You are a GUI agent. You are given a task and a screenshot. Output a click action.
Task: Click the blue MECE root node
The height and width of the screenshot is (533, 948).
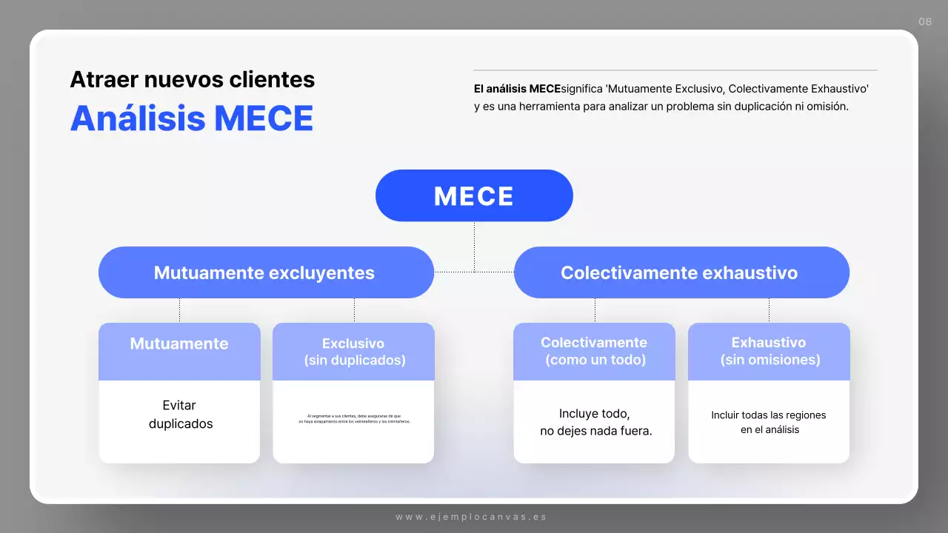(474, 195)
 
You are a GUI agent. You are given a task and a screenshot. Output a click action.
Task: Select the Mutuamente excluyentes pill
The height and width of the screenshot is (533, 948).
(265, 272)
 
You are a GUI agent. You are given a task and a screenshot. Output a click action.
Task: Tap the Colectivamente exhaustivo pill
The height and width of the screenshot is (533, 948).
(680, 272)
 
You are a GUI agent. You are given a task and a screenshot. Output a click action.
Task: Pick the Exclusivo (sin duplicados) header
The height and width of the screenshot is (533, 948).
(353, 352)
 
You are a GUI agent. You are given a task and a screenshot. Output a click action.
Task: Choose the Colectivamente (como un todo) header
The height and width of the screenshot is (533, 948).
(594, 352)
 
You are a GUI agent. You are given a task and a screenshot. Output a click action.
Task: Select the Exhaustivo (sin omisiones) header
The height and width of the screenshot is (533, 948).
(770, 352)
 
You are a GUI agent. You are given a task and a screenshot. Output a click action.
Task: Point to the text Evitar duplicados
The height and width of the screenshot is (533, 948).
(180, 415)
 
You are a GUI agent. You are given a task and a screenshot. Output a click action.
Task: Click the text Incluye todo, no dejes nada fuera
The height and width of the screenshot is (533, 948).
(595, 422)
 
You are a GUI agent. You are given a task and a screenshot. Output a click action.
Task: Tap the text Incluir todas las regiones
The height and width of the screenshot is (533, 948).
(769, 415)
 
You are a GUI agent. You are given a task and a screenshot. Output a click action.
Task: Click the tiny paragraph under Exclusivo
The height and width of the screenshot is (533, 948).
(354, 419)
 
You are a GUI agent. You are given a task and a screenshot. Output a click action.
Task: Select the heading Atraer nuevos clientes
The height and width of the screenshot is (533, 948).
(193, 79)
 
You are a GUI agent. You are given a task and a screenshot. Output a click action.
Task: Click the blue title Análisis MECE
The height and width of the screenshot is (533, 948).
(192, 118)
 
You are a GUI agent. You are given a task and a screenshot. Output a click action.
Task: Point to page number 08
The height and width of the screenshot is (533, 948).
(925, 21)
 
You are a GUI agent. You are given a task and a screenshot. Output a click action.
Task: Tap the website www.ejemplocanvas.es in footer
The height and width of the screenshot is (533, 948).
(471, 517)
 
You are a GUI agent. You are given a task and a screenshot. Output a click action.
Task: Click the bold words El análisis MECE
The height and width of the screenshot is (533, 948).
(517, 89)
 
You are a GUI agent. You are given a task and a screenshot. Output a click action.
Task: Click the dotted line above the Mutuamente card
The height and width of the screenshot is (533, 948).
(179, 310)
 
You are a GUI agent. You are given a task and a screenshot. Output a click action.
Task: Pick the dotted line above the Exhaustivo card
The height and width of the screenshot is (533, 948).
(769, 310)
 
